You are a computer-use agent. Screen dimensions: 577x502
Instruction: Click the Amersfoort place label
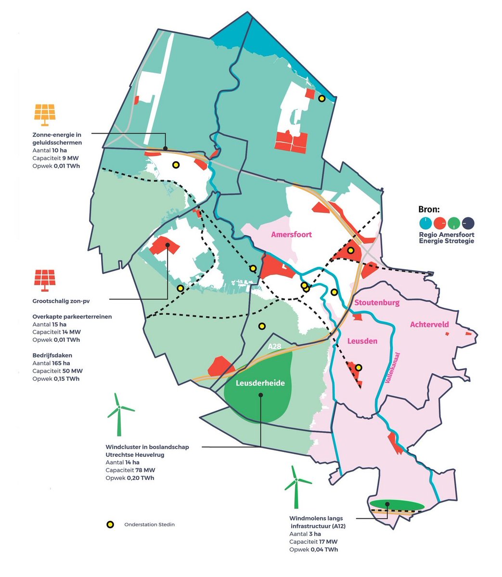pyautogui.click(x=291, y=235)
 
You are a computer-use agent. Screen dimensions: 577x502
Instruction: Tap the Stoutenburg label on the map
pyautogui.click(x=377, y=303)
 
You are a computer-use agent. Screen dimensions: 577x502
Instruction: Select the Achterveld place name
pyautogui.click(x=429, y=325)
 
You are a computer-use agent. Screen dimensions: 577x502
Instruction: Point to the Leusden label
pyautogui.click(x=362, y=341)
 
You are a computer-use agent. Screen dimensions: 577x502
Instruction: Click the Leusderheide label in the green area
pyautogui.click(x=260, y=383)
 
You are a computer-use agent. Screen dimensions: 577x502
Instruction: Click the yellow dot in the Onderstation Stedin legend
pyautogui.click(x=110, y=525)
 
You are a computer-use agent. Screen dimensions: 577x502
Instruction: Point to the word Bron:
pyautogui.click(x=429, y=209)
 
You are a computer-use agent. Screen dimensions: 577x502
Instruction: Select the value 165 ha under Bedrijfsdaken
pyautogui.click(x=61, y=363)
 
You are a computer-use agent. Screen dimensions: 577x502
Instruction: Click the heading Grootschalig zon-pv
pyautogui.click(x=61, y=301)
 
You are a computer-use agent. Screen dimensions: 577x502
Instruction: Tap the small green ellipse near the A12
pyautogui.click(x=397, y=505)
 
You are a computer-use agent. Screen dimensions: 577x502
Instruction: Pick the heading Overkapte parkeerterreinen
pyautogui.click(x=72, y=317)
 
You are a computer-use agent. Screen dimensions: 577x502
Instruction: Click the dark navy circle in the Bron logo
pyautogui.click(x=468, y=223)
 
